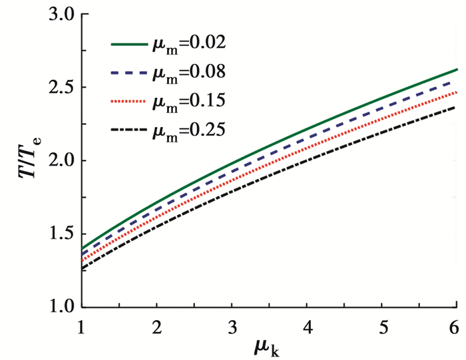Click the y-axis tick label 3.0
point(56,15)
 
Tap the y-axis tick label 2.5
point(56,89)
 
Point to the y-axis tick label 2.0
point(56,162)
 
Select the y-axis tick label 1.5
point(56,235)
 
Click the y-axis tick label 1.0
point(56,308)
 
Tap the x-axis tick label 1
point(81,325)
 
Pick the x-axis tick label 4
point(306,325)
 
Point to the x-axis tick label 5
point(381,325)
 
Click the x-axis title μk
point(268,347)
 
